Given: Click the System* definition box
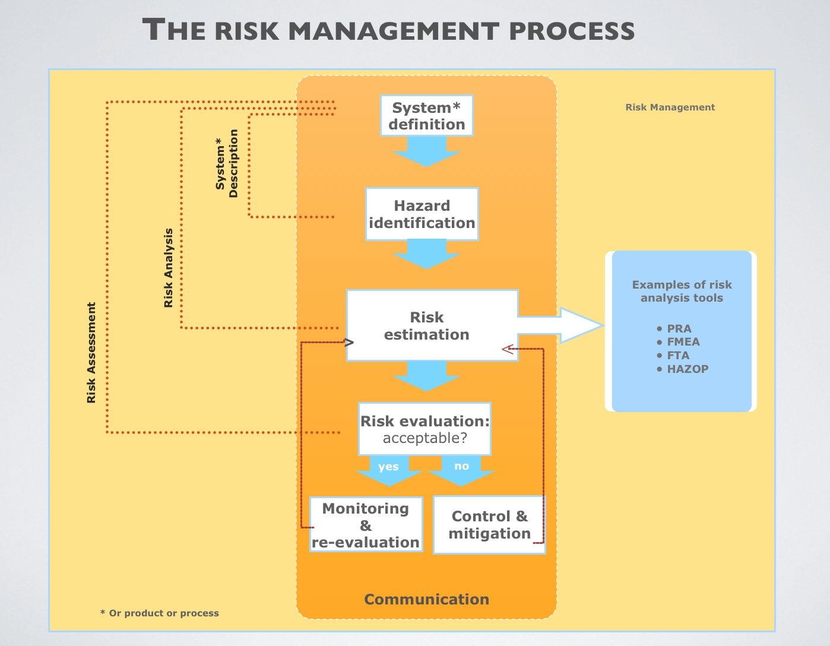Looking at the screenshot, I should (426, 116).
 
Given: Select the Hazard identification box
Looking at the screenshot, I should (422, 214).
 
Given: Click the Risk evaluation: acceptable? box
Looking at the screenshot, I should (424, 429).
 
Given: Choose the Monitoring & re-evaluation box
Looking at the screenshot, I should (366, 525).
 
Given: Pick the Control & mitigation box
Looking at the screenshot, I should (489, 525).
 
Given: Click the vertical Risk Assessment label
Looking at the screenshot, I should (91, 353).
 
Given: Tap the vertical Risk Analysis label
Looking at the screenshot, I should (169, 268).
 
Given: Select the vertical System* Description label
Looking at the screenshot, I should (227, 164).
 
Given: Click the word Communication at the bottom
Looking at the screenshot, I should (426, 599).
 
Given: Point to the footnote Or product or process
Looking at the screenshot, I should (160, 613).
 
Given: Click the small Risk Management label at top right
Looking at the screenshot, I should (670, 107).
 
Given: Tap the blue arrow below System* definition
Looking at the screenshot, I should (426, 151).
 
